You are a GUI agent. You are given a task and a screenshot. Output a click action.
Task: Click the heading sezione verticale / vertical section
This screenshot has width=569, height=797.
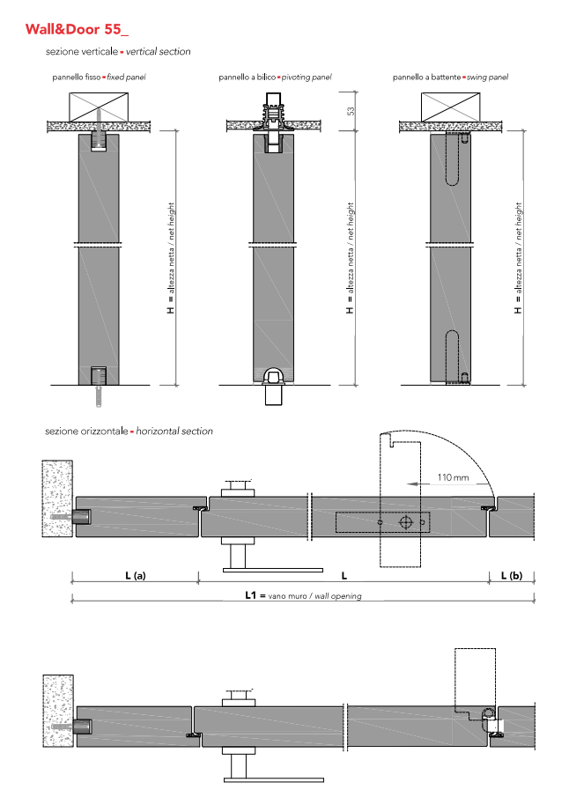click(x=118, y=52)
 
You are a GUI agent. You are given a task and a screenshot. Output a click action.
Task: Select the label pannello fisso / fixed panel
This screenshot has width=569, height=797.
click(x=99, y=77)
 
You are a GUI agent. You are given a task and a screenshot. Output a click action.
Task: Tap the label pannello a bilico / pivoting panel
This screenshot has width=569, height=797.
click(x=275, y=77)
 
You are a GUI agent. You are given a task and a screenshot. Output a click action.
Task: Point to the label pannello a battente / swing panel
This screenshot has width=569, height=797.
click(x=450, y=77)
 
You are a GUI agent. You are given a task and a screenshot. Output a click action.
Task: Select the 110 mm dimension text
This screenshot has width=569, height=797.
click(x=454, y=477)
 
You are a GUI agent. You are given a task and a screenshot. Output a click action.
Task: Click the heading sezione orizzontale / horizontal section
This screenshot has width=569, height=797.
click(x=129, y=432)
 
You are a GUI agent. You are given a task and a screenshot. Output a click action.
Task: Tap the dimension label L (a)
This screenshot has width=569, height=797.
click(x=134, y=575)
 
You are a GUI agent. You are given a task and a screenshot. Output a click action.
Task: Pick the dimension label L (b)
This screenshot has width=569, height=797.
click(x=511, y=575)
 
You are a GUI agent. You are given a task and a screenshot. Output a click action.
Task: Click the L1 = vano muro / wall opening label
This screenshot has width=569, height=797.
click(x=302, y=596)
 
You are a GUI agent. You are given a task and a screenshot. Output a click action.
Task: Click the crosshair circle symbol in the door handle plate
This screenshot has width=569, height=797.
click(x=405, y=522)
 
